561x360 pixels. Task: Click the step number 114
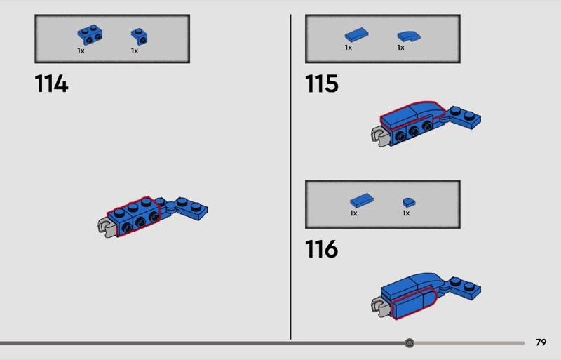[51, 84]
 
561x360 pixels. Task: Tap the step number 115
[322, 84]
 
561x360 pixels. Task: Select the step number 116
[322, 249]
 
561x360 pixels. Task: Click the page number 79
[541, 342]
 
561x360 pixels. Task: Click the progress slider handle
[410, 343]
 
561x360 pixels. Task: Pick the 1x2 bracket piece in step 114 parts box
[90, 35]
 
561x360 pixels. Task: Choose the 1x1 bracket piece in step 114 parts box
[139, 36]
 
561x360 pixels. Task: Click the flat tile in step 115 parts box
[356, 35]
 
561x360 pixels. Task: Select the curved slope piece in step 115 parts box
[409, 36]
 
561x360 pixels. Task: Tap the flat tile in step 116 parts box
[362, 201]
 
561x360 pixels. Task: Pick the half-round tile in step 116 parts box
[409, 202]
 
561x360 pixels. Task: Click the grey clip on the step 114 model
[107, 227]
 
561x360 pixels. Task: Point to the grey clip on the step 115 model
[381, 136]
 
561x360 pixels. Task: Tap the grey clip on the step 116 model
[380, 307]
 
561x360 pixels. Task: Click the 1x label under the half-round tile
[406, 213]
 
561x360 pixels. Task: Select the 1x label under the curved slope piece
[400, 48]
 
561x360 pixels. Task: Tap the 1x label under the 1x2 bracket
[81, 51]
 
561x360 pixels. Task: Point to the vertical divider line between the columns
[290, 177]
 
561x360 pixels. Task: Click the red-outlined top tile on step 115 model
[412, 113]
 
